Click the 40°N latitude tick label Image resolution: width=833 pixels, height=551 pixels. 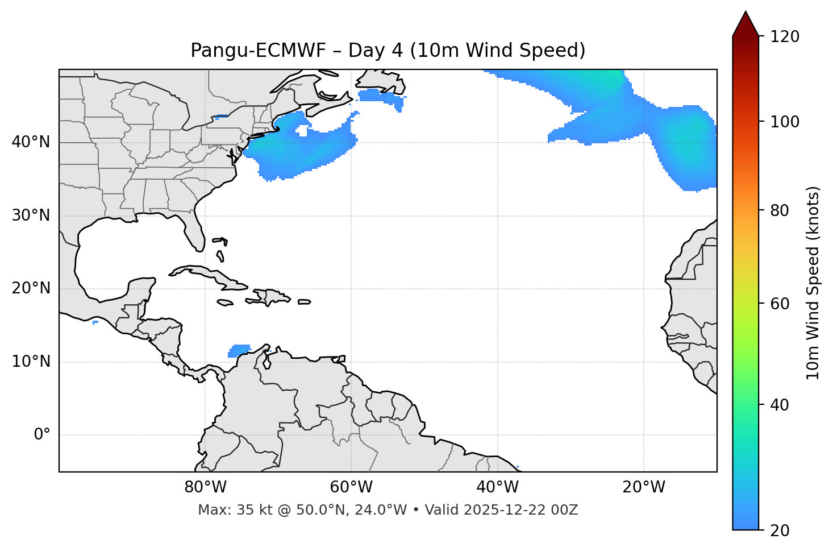pos(31,142)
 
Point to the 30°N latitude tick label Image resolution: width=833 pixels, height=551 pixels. pos(31,216)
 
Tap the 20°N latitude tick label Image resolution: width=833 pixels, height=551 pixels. pos(31,288)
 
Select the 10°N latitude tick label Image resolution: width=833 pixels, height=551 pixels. pos(31,362)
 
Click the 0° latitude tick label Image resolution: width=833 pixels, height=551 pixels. pos(42,435)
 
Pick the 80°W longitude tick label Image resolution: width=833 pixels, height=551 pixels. pos(205,487)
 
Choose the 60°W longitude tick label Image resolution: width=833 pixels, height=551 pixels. pos(351,487)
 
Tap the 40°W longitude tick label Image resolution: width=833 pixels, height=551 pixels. pos(497,487)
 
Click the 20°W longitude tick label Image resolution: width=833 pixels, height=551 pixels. pos(644,487)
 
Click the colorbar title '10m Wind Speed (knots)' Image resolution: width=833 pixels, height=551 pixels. pos(813,283)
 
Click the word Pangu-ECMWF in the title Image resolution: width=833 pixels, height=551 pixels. pos(258,51)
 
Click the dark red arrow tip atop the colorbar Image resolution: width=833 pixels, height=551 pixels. pos(745,23)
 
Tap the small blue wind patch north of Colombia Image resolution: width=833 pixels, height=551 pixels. pos(239,350)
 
